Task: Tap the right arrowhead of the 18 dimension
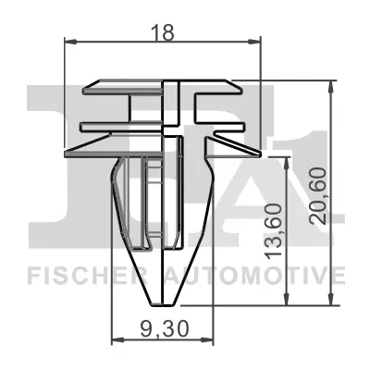(x=258, y=42)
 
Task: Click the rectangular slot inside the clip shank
(x=140, y=203)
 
